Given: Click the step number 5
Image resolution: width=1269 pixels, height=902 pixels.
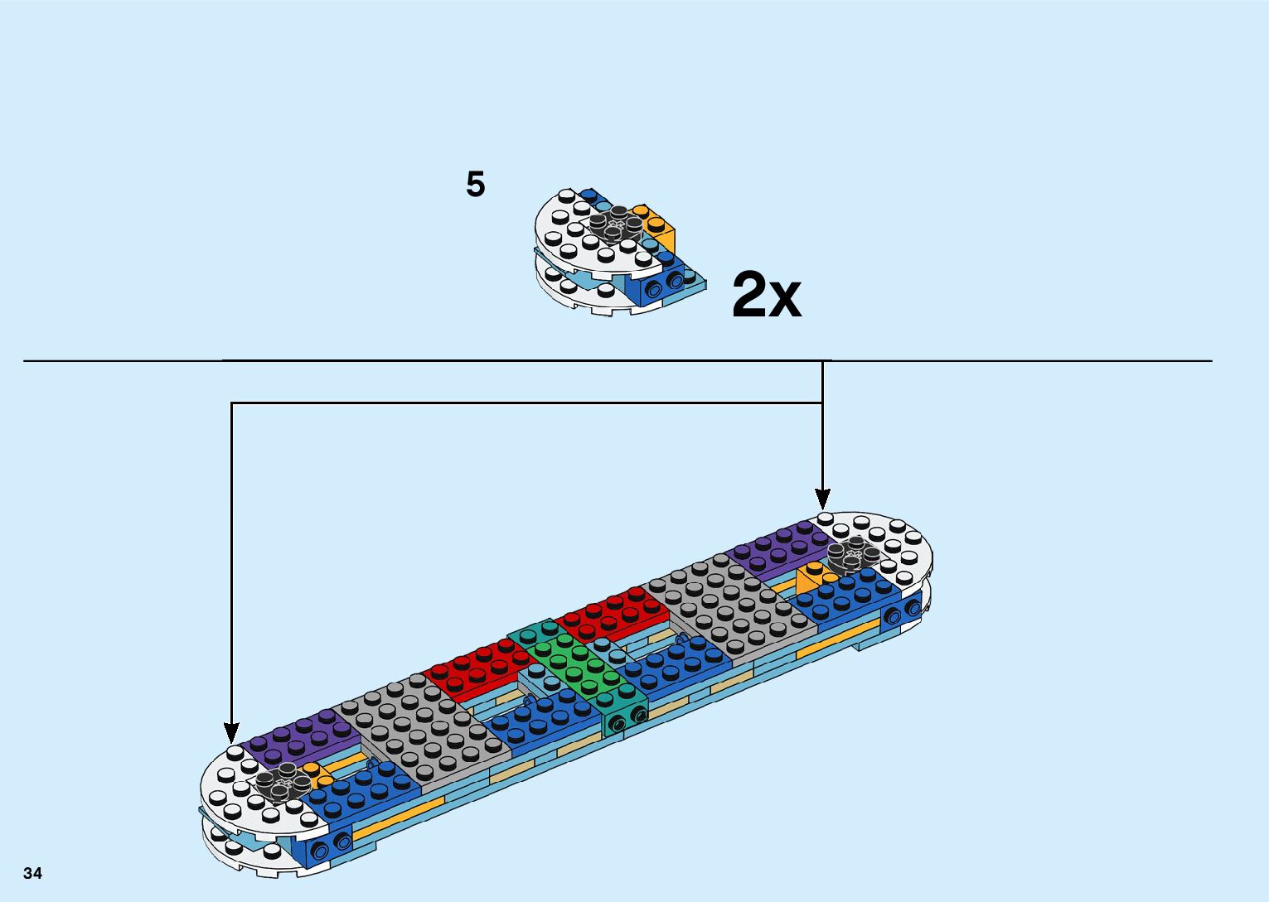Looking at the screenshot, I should (475, 184).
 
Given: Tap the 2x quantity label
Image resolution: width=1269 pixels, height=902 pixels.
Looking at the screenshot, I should (767, 296).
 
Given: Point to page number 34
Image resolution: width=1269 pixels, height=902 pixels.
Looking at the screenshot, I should (32, 873).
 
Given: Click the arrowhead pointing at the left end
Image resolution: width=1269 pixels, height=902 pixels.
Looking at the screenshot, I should (231, 733).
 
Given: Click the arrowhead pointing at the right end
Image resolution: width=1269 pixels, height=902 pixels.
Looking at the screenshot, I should (822, 499).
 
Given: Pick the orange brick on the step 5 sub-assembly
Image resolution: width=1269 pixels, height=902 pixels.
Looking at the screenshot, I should (661, 227).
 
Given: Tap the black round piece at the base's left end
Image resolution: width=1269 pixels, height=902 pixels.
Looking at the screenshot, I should (278, 784).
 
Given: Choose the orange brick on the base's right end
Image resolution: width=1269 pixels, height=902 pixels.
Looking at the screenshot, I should (811, 577).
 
